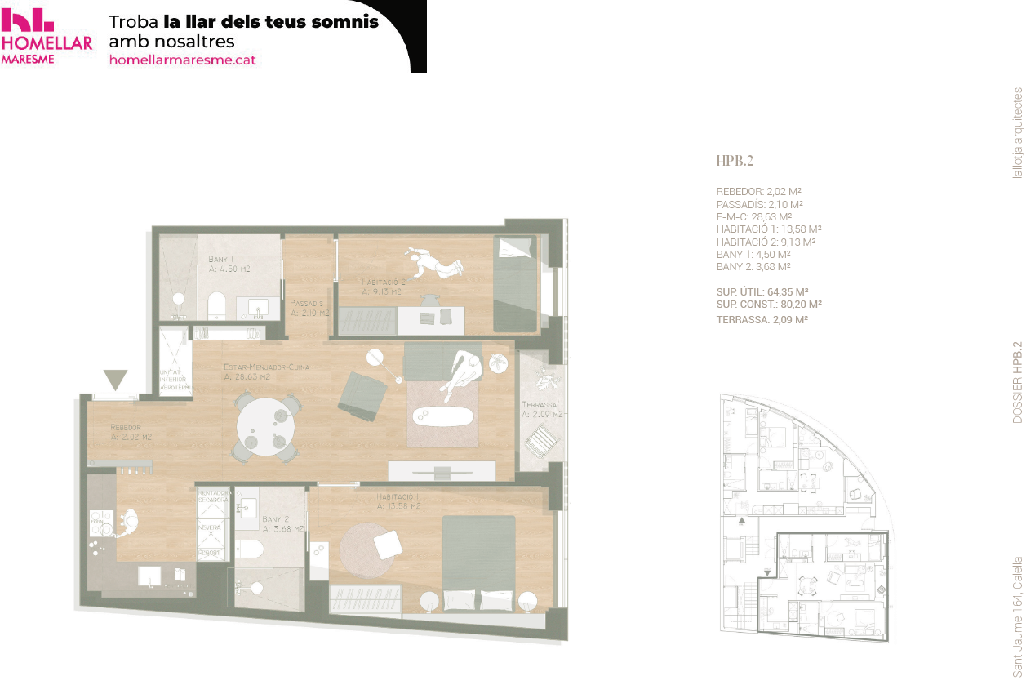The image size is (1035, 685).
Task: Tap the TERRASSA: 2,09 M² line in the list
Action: click(762, 320)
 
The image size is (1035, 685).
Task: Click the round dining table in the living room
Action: click(263, 423)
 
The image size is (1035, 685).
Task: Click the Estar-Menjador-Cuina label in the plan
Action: click(266, 372)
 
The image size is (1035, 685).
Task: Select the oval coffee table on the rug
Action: click(442, 416)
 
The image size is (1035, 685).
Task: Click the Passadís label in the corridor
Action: click(309, 307)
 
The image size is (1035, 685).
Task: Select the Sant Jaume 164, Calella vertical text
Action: click(1018, 616)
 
